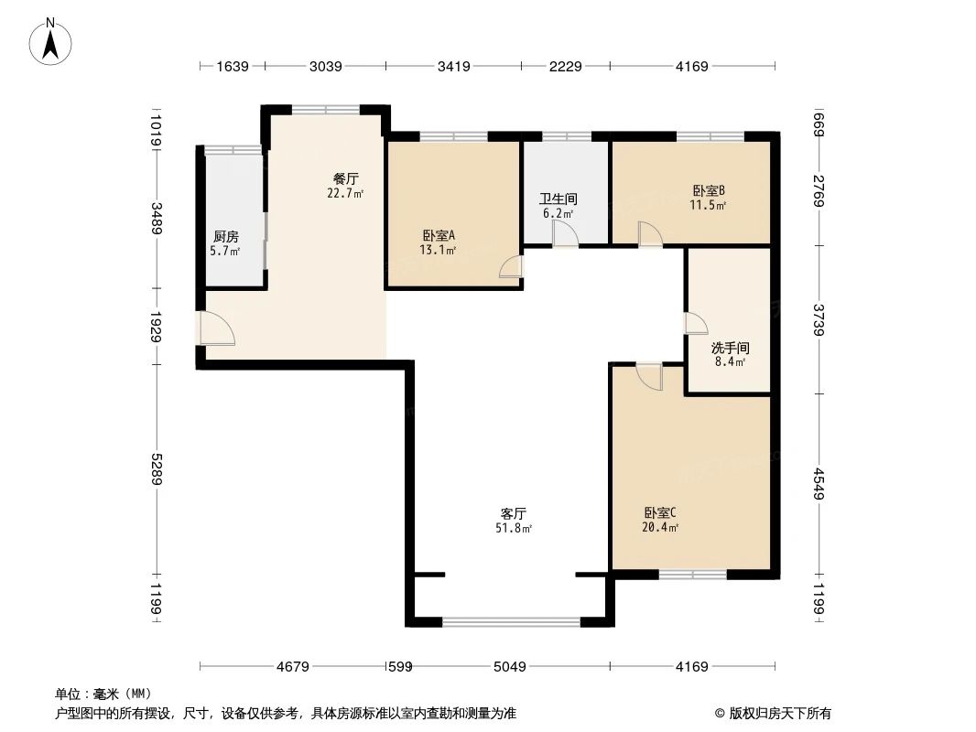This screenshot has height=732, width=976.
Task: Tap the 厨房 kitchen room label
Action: (x=226, y=236)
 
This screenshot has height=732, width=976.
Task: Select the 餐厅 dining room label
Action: (x=345, y=178)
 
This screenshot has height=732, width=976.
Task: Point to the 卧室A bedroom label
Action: (x=439, y=234)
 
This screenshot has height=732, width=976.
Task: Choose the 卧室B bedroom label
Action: (x=709, y=191)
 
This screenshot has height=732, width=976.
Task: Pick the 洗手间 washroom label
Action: (x=730, y=348)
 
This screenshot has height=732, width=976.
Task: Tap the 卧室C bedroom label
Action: (x=660, y=512)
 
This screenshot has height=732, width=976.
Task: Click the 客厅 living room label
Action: (x=513, y=513)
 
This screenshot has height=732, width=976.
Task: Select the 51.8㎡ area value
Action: (x=513, y=528)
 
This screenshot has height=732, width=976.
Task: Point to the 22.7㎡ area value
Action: (x=345, y=193)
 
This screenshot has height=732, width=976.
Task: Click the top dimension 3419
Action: (x=454, y=66)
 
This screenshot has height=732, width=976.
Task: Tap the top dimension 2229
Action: (x=565, y=66)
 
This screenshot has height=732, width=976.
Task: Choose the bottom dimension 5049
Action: (x=509, y=667)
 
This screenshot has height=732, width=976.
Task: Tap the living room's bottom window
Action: (x=511, y=622)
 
